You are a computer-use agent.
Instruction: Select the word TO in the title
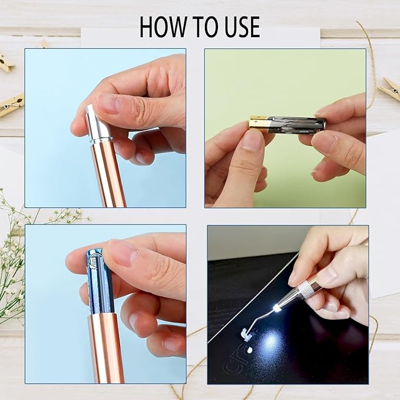(199, 27)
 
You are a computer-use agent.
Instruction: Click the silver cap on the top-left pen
(98, 124)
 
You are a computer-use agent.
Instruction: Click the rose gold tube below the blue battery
(106, 348)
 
